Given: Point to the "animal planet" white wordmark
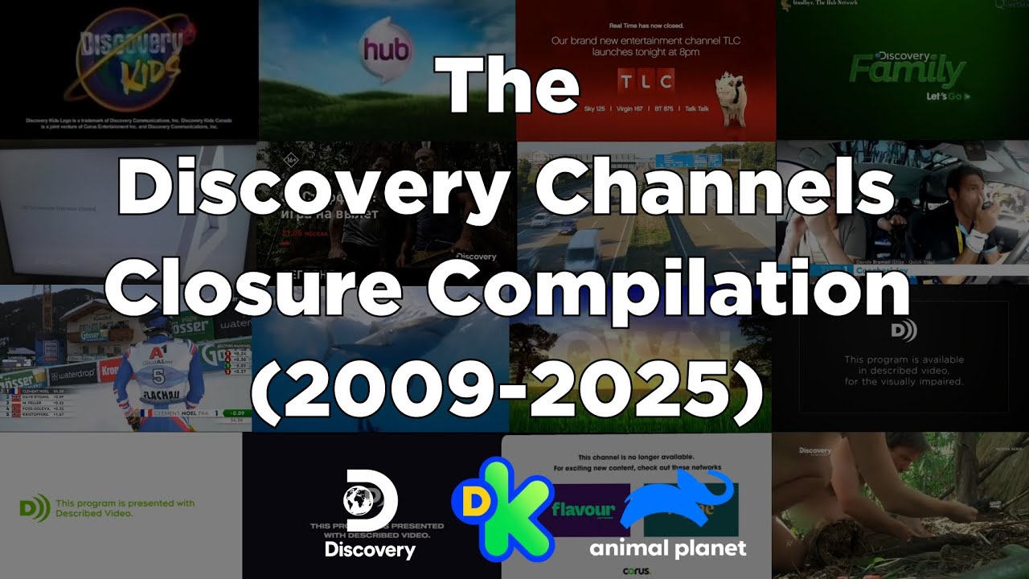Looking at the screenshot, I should [667, 549].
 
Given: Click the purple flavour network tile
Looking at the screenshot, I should [583, 509].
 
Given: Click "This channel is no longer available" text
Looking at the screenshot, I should [635, 456].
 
